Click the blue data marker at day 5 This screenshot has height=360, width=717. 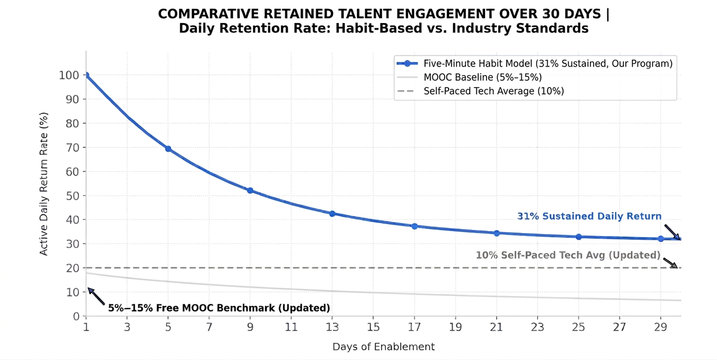[168, 149]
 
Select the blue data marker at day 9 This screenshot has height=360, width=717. [250, 190]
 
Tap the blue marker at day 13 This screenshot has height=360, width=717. [332, 214]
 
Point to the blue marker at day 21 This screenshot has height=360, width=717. [496, 234]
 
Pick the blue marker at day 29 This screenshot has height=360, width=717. [661, 239]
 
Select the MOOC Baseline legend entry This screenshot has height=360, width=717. [470, 77]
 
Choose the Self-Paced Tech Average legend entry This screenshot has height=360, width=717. [480, 91]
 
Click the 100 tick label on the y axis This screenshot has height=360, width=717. [69, 75]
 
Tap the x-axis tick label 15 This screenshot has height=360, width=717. [373, 327]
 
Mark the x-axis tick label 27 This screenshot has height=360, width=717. [619, 327]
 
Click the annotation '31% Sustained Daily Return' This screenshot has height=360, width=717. [589, 216]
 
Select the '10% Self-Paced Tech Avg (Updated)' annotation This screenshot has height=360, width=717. [568, 255]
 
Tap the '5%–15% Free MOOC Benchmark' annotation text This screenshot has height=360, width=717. [219, 308]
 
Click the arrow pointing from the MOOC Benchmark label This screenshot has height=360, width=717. [96, 296]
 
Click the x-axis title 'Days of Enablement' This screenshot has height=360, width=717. [384, 347]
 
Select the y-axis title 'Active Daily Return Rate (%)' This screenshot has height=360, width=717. [44, 184]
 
